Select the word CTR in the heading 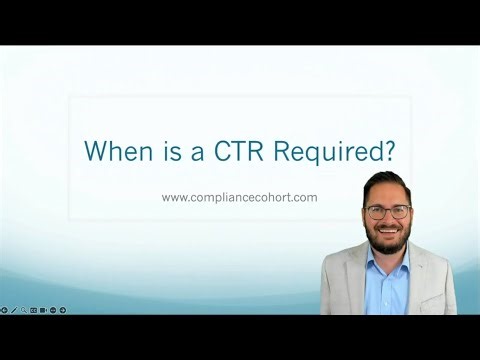coord(234,151)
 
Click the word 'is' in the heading coord(160,151)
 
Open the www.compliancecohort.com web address coord(239,197)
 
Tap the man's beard coord(388,236)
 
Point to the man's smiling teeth coord(388,229)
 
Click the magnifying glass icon coord(23,310)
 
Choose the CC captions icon coord(33,310)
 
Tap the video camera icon coord(43,310)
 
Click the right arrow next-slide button coord(63,310)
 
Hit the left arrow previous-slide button coord(4,310)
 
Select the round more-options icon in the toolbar coord(53,310)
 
